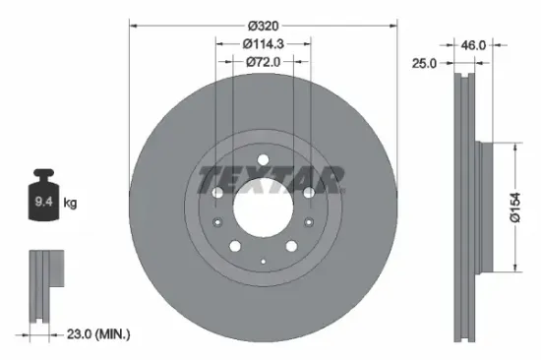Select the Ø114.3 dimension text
[x=263, y=43]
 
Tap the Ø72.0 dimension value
[x=263, y=62]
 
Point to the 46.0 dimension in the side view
[x=476, y=44]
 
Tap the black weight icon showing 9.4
[x=44, y=201]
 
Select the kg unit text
[x=70, y=204]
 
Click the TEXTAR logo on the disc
[x=270, y=180]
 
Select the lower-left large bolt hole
[x=236, y=247]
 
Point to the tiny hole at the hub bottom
[x=263, y=258]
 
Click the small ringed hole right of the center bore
[x=309, y=194]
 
